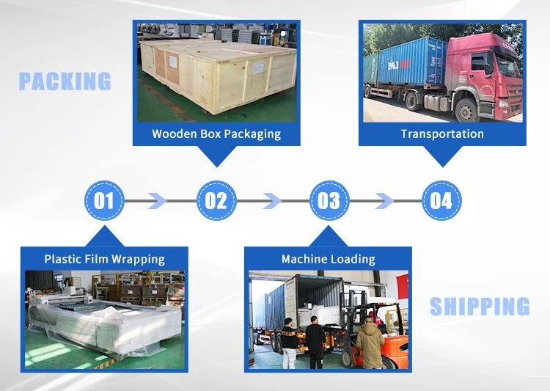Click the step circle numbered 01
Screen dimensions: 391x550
pyautogui.click(x=104, y=200)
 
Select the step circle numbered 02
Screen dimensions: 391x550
pyautogui.click(x=216, y=200)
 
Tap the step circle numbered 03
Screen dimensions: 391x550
pyautogui.click(x=329, y=200)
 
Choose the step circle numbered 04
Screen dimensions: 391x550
pyautogui.click(x=441, y=200)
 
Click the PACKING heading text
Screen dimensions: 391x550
pyautogui.click(x=65, y=81)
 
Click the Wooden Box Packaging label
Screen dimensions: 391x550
pyautogui.click(x=216, y=134)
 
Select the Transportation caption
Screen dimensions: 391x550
pyautogui.click(x=442, y=134)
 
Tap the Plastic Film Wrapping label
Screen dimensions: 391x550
pyautogui.click(x=104, y=259)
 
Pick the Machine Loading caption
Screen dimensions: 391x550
pyautogui.click(x=328, y=259)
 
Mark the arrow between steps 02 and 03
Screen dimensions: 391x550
pyautogui.click(x=272, y=200)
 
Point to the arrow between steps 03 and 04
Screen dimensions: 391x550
pyautogui.click(x=385, y=200)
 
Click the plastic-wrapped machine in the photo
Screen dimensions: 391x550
pyautogui.click(x=103, y=323)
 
